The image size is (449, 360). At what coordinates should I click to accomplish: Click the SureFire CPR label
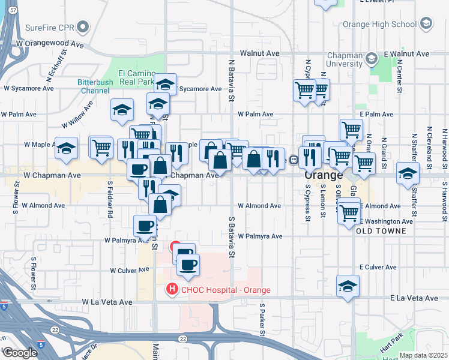50,27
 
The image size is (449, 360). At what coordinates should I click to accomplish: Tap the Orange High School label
379,24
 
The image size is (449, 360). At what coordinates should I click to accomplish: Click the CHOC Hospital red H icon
173,290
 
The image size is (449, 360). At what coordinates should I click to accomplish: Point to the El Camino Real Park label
137,77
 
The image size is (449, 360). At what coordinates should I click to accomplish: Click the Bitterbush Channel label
93,86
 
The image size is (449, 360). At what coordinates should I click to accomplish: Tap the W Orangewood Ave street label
50,44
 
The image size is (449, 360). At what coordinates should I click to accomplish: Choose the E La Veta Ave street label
414,298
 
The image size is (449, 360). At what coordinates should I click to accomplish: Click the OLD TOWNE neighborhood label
384,230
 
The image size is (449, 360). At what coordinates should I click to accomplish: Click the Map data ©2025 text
423,355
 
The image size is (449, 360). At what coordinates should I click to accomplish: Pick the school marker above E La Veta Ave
348,286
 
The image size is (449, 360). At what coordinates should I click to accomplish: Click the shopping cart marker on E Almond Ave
349,212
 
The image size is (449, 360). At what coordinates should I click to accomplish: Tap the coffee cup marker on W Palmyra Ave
145,226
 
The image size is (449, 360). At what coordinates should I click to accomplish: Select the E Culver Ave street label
378,267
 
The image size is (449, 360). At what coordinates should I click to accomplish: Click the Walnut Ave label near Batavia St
259,53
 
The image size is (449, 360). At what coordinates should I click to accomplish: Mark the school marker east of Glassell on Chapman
408,173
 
